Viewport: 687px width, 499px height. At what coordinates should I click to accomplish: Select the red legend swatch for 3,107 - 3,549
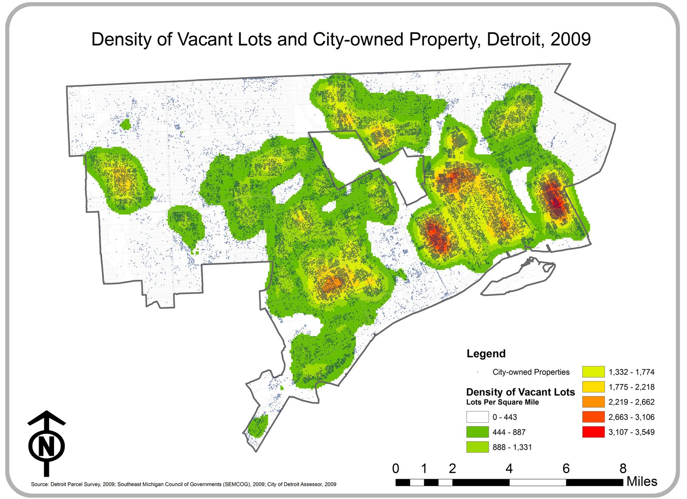click(x=593, y=432)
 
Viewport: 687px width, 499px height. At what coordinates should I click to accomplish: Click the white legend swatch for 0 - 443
click(x=477, y=417)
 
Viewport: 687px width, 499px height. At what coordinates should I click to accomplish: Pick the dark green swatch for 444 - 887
click(x=477, y=432)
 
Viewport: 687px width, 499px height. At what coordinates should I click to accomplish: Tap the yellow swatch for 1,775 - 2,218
click(x=593, y=387)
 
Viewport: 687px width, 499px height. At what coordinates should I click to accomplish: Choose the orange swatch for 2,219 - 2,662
click(x=593, y=402)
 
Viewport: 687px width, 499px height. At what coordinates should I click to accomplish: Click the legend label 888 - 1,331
click(x=512, y=447)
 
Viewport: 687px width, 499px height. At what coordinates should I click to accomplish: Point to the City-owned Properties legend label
click(x=531, y=372)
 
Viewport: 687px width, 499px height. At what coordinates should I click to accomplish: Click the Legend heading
click(x=486, y=354)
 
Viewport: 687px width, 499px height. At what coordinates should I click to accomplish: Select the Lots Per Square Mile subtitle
click(x=502, y=402)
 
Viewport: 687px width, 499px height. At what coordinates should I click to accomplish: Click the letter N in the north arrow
click(x=46, y=446)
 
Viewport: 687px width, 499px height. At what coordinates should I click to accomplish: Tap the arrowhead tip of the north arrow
click(x=46, y=412)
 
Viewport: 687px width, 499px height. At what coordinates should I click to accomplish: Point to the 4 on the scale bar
click(x=509, y=469)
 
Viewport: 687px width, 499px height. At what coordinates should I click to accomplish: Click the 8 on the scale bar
click(x=623, y=469)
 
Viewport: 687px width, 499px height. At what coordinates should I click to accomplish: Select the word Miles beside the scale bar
click(x=641, y=481)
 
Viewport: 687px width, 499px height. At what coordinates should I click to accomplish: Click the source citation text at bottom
click(x=183, y=484)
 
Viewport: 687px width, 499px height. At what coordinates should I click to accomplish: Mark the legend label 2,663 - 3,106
click(x=631, y=417)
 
